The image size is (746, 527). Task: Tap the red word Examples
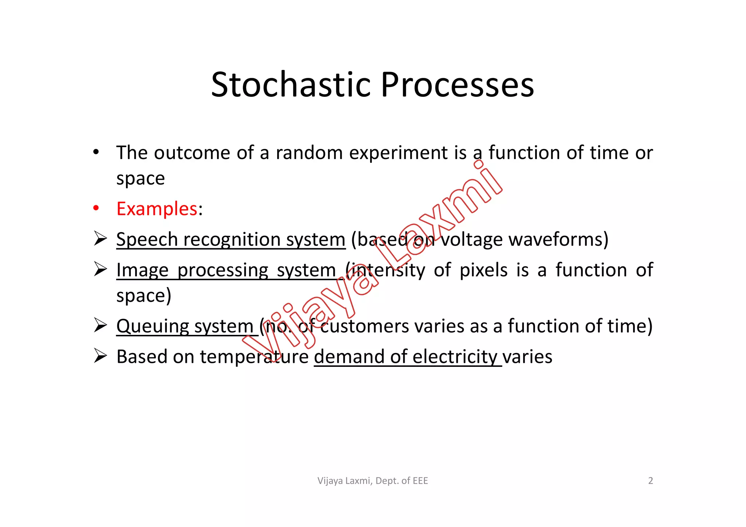[x=157, y=209]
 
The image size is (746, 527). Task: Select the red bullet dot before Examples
[x=96, y=208]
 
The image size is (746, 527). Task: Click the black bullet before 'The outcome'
[x=96, y=152]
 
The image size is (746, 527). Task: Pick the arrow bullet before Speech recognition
[x=100, y=238]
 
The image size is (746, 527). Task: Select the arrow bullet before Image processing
[x=100, y=269]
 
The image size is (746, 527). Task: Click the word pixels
[x=483, y=270]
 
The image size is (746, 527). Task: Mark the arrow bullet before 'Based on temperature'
[x=100, y=356]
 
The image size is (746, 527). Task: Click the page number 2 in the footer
[x=650, y=481]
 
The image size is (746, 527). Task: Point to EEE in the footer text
[x=420, y=481]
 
